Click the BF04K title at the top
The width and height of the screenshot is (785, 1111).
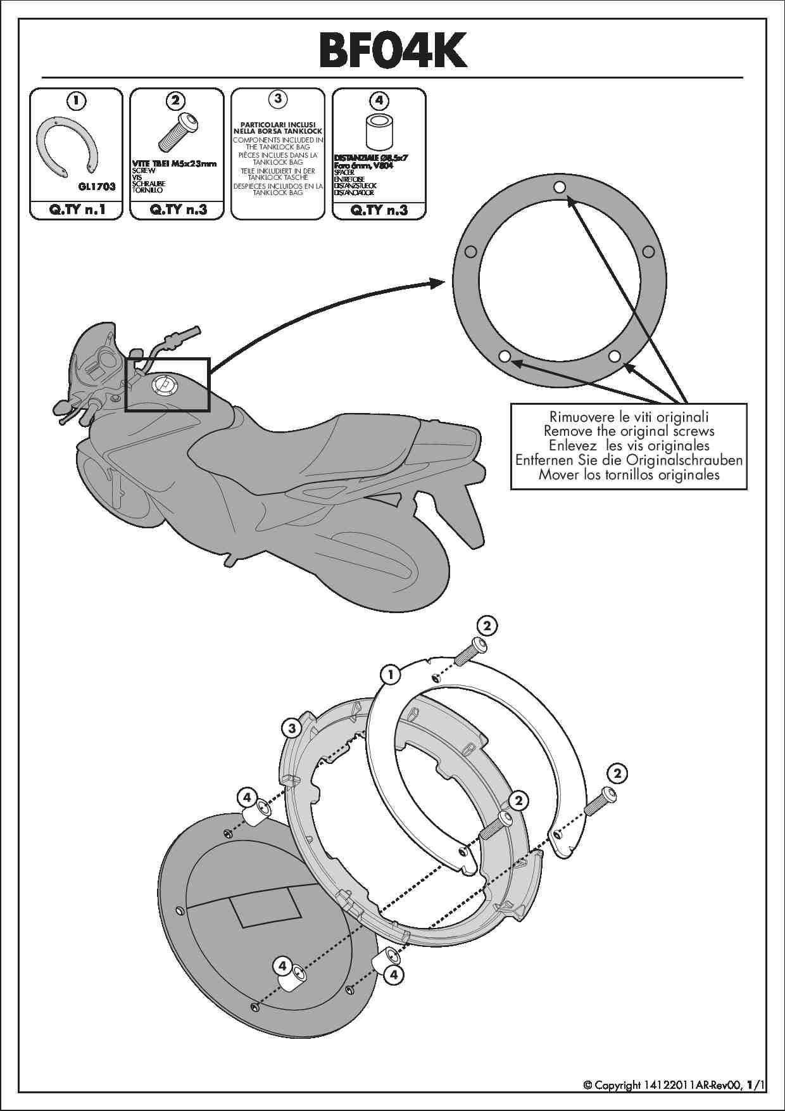[392, 50]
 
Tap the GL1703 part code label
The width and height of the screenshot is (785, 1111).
[96, 187]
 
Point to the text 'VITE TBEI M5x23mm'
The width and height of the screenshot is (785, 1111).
[174, 163]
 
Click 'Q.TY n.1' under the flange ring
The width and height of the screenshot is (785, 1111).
[77, 210]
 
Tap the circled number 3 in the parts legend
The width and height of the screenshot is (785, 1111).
[278, 99]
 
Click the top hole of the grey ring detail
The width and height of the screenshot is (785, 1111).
[559, 187]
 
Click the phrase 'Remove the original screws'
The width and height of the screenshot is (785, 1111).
[629, 431]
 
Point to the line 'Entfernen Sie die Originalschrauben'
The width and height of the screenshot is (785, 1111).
[629, 460]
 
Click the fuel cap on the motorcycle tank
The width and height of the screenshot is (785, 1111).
[162, 385]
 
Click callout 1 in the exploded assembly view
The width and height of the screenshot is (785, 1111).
[391, 675]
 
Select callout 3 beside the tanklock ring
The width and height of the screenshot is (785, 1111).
[292, 728]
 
